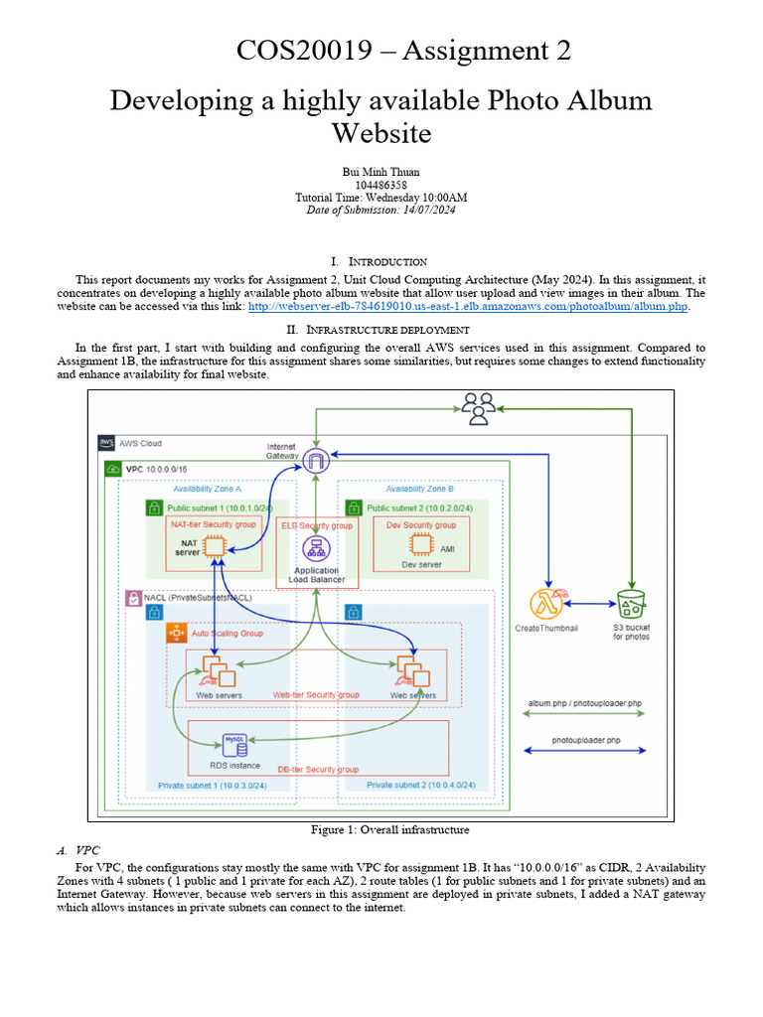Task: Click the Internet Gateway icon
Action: tap(316, 460)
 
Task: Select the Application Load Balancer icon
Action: tap(316, 549)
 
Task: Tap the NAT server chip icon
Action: tap(214, 546)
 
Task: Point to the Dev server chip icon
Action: tap(420, 545)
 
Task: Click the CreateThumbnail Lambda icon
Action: tap(546, 605)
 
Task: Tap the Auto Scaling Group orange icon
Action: tap(177, 633)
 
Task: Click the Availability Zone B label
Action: tap(419, 489)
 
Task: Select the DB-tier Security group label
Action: tap(318, 770)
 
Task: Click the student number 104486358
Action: tap(381, 185)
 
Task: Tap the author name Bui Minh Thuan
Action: tap(381, 172)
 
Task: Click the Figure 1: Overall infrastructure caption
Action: tap(390, 829)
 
